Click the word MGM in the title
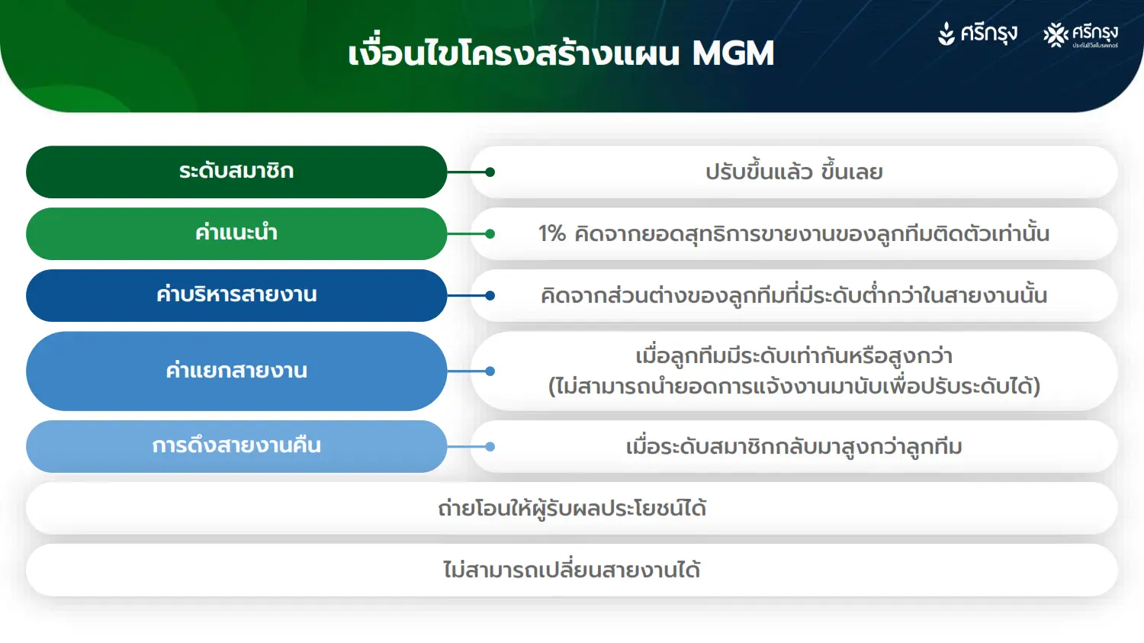pos(734,53)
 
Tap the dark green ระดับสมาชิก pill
pos(236,172)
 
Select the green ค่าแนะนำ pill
pos(236,234)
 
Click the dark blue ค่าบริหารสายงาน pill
pos(236,296)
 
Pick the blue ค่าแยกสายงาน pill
pos(236,371)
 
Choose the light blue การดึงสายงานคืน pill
pos(236,446)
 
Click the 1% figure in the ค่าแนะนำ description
pos(552,234)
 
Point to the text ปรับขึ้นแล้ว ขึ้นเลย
pos(794,172)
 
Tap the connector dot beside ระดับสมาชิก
pos(490,172)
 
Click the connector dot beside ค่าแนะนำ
pos(490,234)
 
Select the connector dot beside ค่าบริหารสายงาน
pos(490,296)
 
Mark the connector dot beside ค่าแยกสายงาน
pos(490,371)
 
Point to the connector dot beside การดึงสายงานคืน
pos(490,447)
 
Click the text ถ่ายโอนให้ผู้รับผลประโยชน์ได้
pos(572,509)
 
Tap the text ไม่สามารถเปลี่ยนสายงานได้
pos(572,570)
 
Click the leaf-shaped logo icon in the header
pos(946,34)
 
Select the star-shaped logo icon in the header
pos(1056,35)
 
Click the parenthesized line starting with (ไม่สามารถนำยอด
pos(794,387)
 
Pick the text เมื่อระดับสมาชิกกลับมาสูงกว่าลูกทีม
pos(794,447)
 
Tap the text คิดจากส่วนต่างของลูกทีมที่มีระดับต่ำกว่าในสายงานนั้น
pos(794,295)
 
